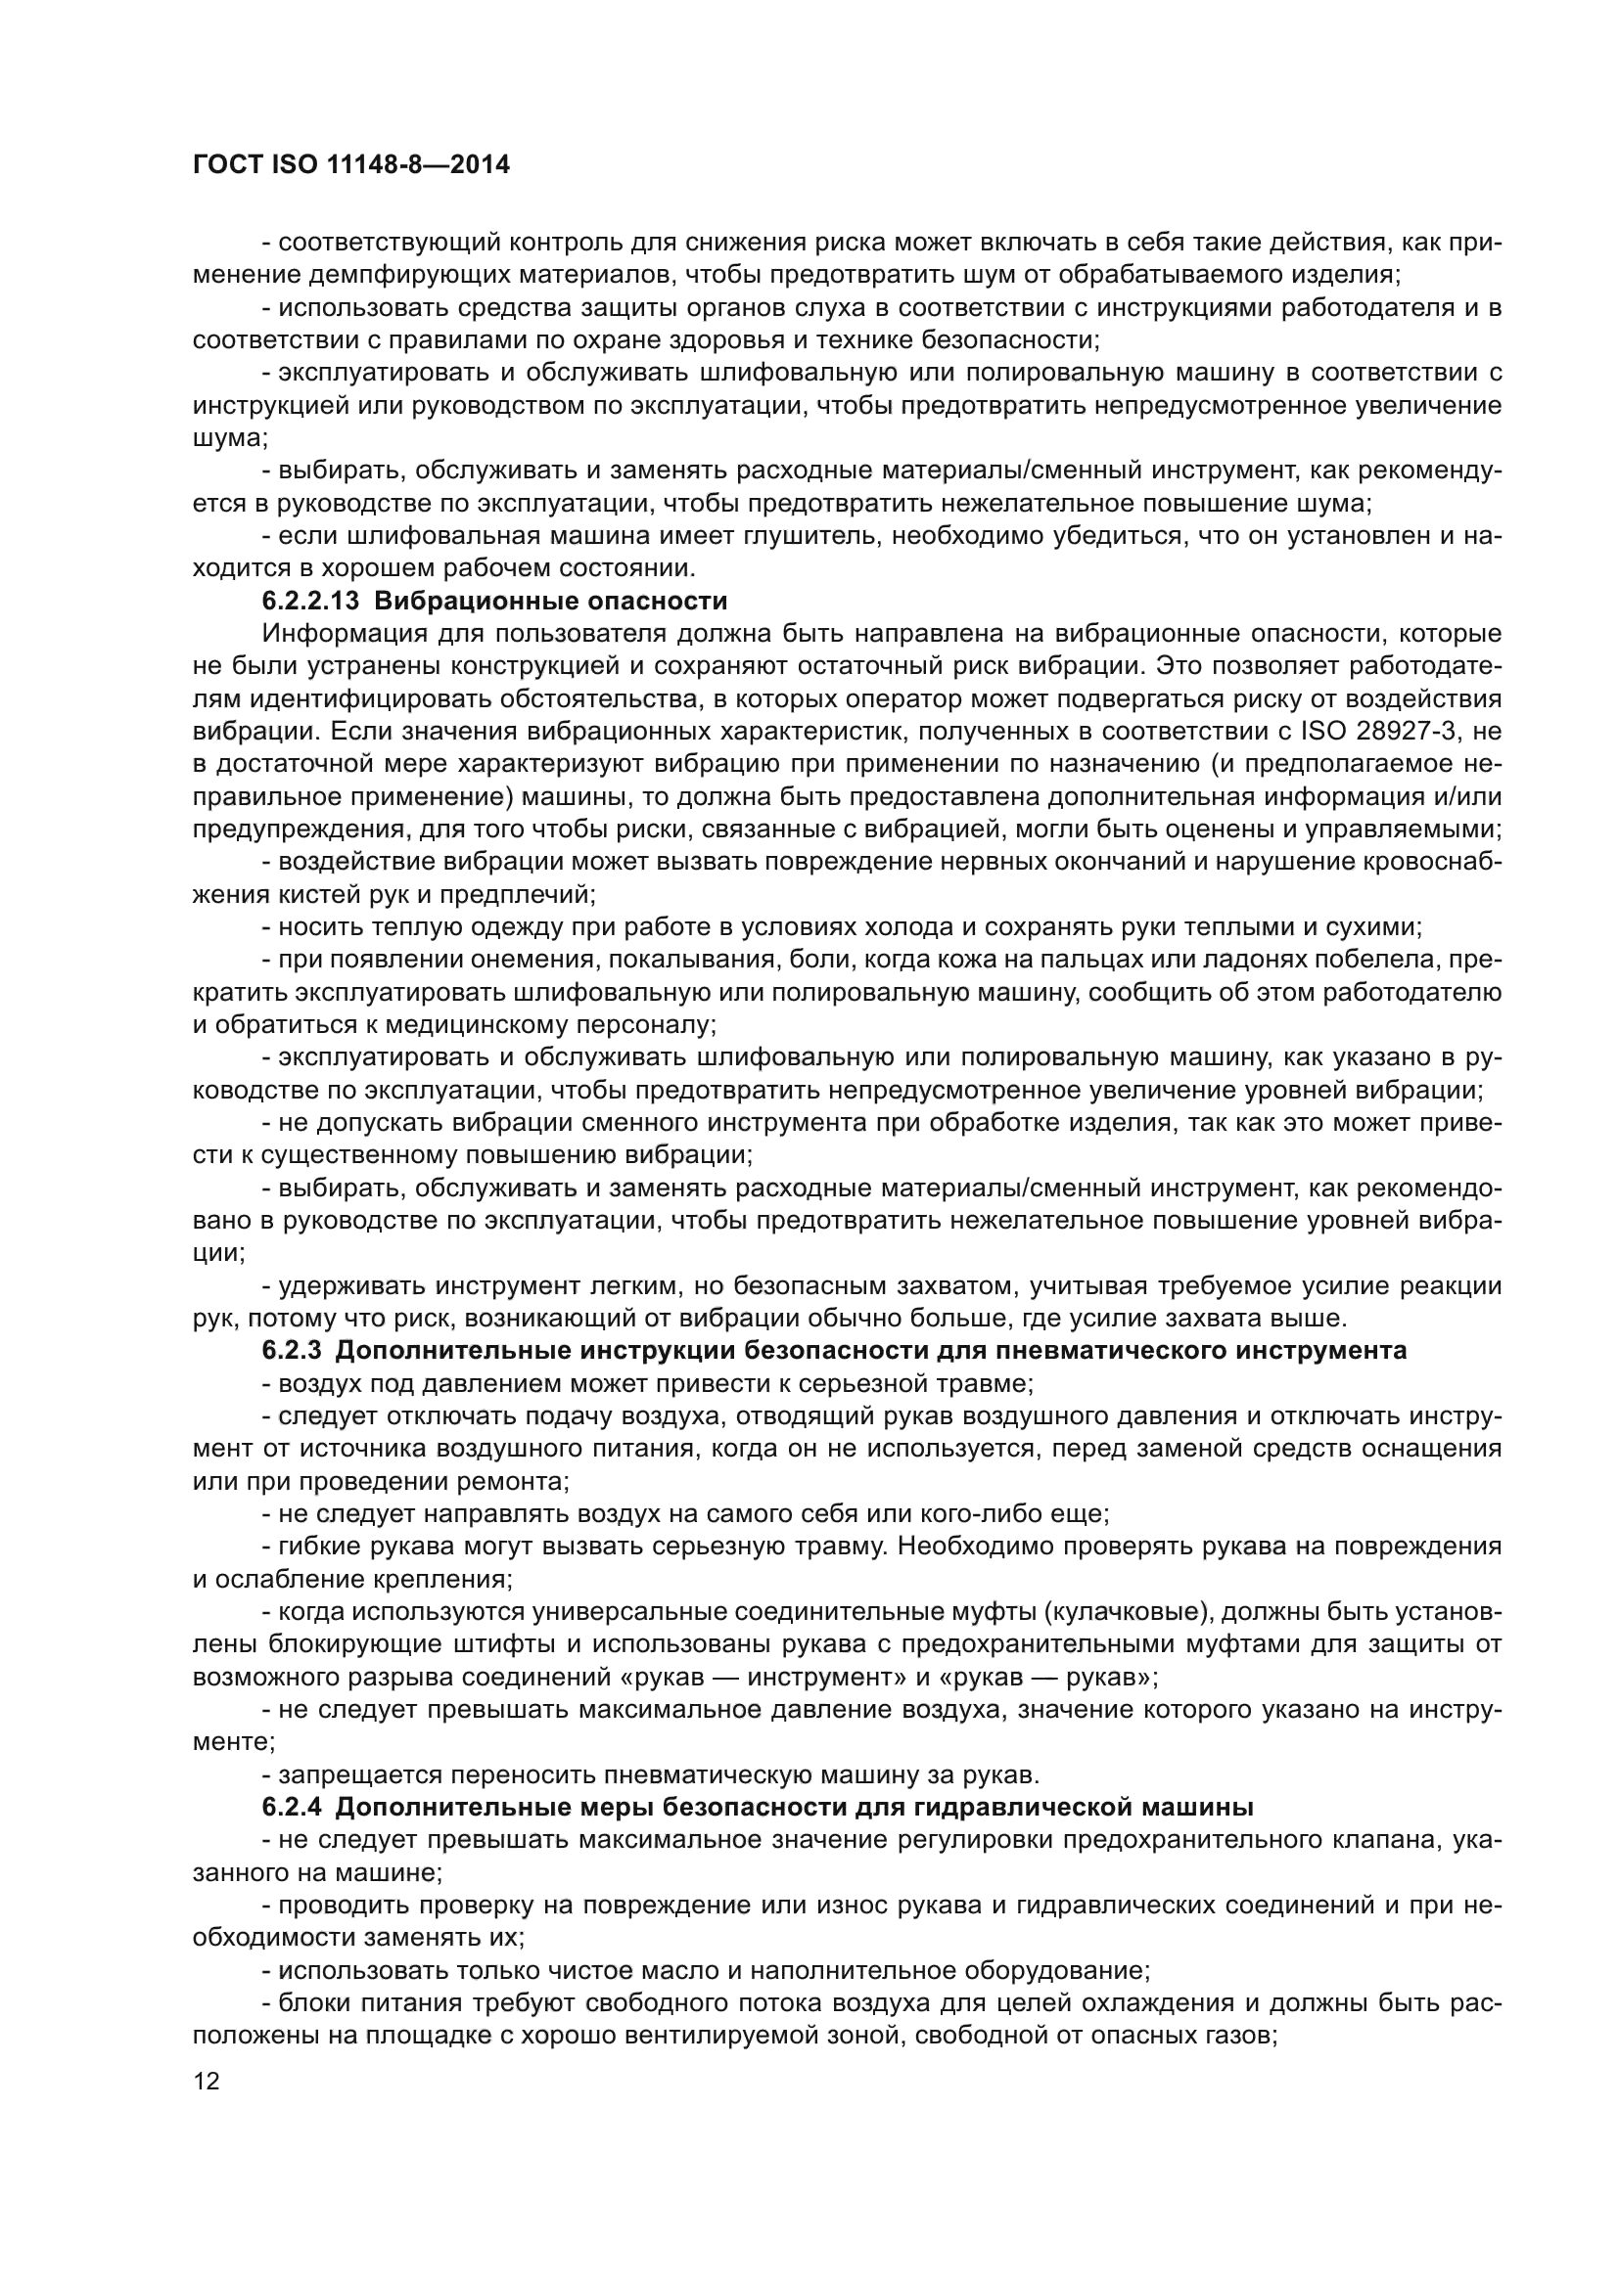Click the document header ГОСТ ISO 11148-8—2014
(x=351, y=165)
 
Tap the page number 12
(x=207, y=2081)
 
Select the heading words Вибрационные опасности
(x=550, y=602)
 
